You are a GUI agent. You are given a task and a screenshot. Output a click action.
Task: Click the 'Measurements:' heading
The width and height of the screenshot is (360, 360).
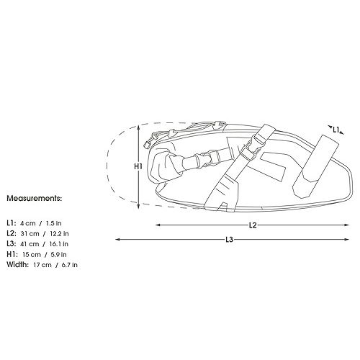[35, 199]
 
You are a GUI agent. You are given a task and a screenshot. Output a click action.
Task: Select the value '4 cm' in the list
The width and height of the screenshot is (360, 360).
[28, 223]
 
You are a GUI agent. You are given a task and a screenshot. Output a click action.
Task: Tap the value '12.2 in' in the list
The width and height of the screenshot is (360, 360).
[59, 233]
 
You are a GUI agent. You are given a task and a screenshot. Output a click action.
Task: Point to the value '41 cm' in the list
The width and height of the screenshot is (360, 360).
[30, 244]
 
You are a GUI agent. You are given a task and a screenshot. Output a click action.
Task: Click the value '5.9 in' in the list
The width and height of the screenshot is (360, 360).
[59, 255]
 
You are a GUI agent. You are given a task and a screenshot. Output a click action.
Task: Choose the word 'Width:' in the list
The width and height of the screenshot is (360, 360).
[17, 265]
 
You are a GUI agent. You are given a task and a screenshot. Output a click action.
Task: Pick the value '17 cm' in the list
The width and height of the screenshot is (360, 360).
[42, 265]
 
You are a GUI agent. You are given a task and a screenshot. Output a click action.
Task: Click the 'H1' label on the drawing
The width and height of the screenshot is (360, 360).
[138, 166]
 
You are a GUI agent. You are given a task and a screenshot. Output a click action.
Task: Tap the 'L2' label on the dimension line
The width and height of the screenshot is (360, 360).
[253, 225]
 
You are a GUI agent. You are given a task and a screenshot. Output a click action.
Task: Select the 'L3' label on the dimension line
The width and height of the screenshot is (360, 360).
[230, 239]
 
